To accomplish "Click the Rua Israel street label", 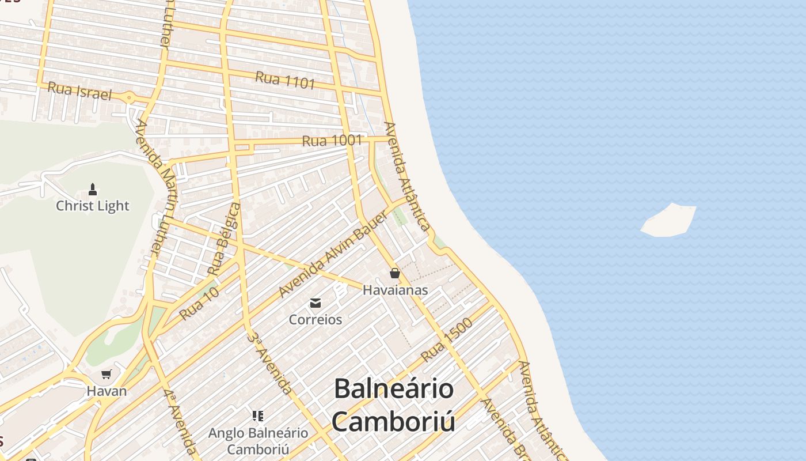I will (79, 91).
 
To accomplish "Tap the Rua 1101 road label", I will (285, 80).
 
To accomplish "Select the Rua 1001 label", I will (332, 140).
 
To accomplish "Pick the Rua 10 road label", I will (199, 304).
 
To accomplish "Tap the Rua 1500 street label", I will (447, 339).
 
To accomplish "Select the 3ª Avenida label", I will (269, 362).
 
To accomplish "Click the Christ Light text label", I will (93, 206).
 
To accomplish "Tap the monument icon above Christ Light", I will (93, 190).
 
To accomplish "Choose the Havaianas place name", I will (395, 290).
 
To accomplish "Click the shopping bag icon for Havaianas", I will (395, 273).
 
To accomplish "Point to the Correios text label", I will (315, 319).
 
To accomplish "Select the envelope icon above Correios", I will (315, 303).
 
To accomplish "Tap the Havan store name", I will (107, 391).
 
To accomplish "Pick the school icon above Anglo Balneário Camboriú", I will (258, 416).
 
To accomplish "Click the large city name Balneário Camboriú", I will (394, 405).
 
